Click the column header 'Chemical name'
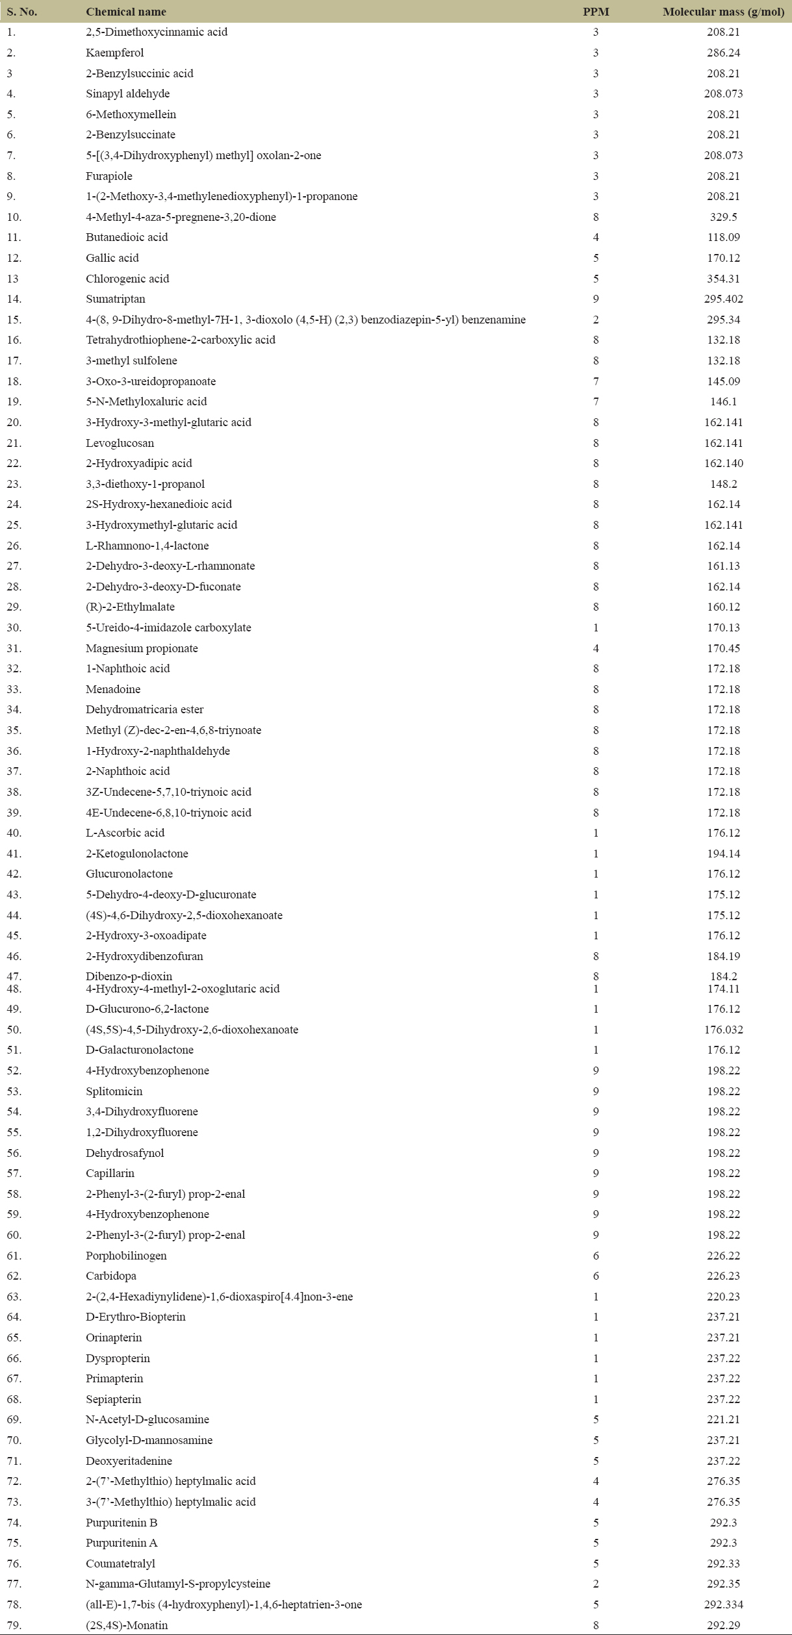pos(125,12)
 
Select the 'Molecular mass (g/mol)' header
pos(723,12)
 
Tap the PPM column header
pos(596,12)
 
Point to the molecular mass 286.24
pos(723,53)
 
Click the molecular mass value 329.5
pos(723,217)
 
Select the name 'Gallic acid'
pos(112,258)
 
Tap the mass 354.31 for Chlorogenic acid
pos(723,279)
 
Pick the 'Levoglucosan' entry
pos(120,443)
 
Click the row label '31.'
pos(14,648)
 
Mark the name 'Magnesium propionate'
pos(142,648)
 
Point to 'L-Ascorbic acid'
pos(125,833)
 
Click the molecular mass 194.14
pos(723,854)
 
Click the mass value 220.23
pos(723,1297)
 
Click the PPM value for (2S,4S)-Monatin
pos(596,1625)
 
